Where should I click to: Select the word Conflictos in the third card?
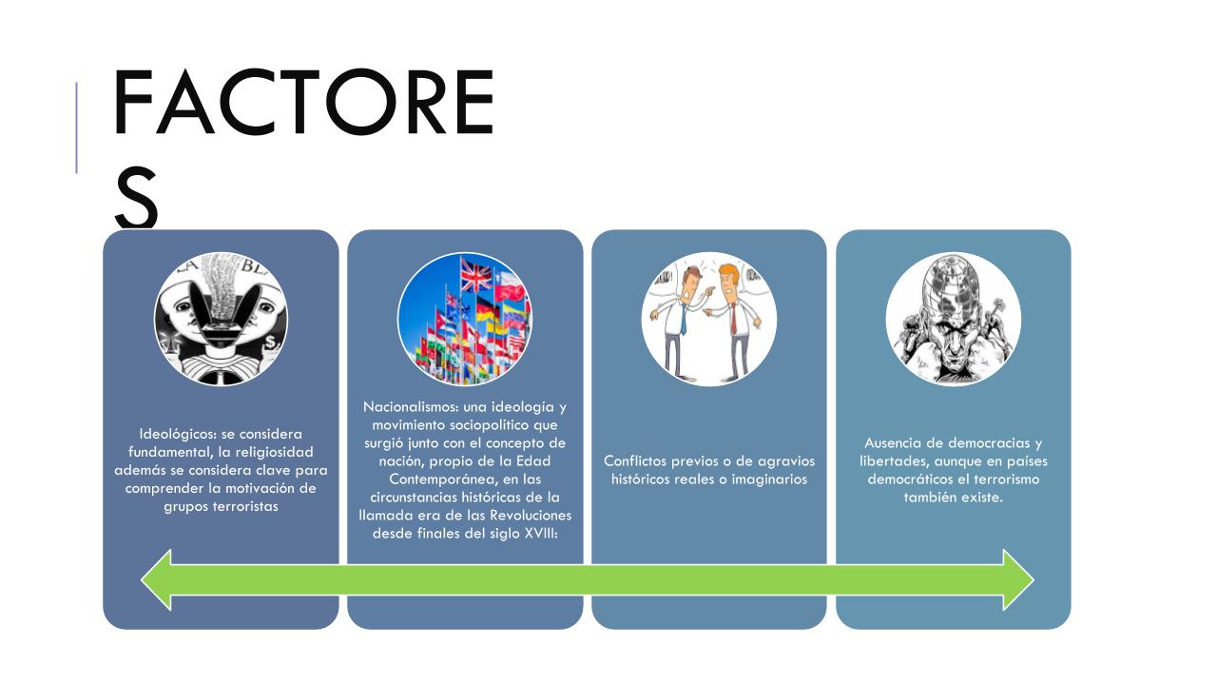(x=634, y=461)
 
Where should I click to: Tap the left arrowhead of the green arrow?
(x=157, y=579)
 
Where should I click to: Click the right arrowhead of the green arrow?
(x=1018, y=579)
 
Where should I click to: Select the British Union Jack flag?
(x=476, y=275)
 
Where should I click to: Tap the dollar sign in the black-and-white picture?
(x=270, y=342)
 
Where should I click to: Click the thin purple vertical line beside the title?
(x=77, y=127)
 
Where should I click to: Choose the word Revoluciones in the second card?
(x=531, y=516)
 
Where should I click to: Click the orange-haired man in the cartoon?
(x=734, y=321)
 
